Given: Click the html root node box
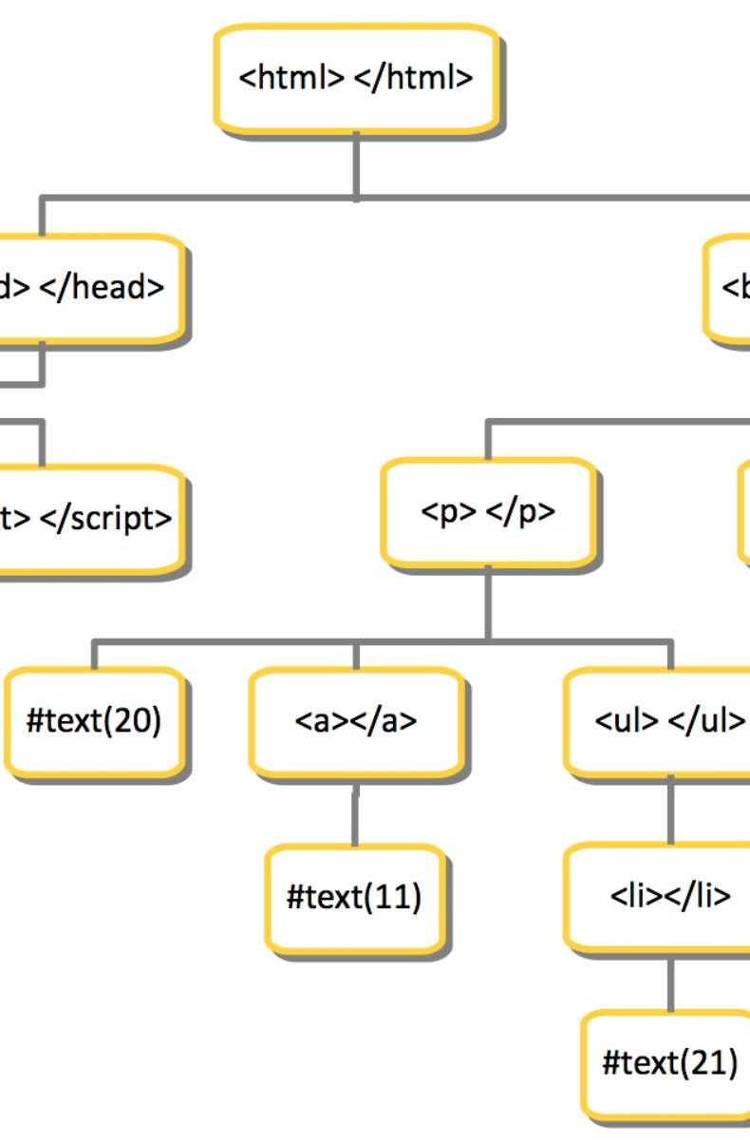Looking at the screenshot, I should point(356,78).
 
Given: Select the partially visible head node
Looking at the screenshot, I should point(90,288).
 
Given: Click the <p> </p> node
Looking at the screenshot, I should point(488,512).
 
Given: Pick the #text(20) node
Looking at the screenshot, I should point(94,721).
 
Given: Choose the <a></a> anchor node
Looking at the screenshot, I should point(356,721).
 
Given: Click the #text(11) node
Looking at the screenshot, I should point(355,896).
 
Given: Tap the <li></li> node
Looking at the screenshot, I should point(669,896).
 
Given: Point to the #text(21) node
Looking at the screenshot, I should point(669,1063).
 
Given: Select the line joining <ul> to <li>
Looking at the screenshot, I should point(670,810).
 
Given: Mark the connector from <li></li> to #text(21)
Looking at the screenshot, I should point(670,982).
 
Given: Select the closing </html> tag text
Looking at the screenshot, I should point(413,78).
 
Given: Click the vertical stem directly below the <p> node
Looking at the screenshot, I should point(488,602).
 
